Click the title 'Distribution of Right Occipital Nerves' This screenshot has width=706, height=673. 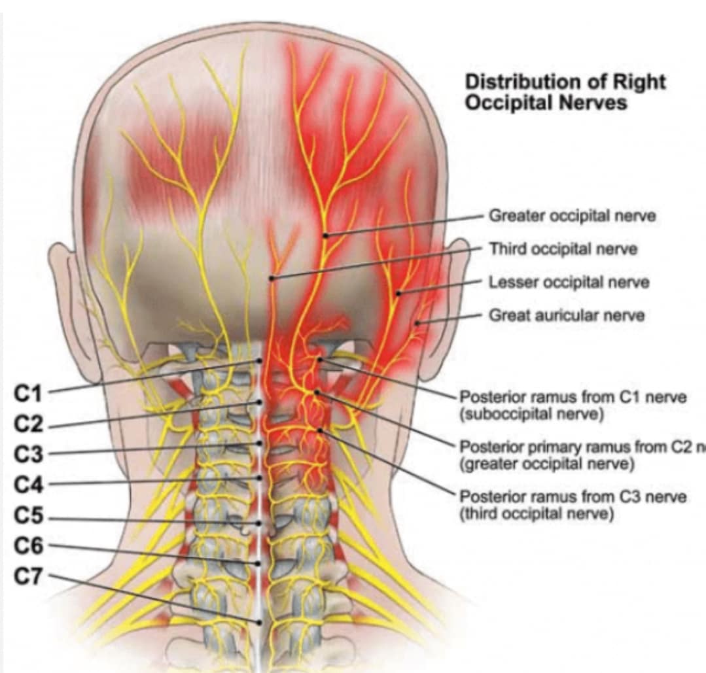point(565,92)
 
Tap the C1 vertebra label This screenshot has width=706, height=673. point(28,394)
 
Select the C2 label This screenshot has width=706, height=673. point(28,424)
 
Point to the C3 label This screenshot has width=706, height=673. point(28,455)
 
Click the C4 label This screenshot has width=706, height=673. point(28,485)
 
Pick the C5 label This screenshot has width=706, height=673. point(28,517)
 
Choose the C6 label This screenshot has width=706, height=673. point(28,547)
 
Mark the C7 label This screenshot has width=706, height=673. point(28,577)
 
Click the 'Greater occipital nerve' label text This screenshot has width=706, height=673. point(573,216)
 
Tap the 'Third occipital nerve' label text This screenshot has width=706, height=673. point(563,249)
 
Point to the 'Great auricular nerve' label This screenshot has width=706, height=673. point(567,315)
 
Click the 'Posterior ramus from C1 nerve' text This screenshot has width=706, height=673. point(573,397)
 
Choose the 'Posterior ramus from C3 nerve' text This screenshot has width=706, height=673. point(573,497)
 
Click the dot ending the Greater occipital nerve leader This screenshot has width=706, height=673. point(326,234)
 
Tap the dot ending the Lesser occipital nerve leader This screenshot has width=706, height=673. point(397,293)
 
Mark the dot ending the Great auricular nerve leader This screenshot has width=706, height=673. point(419,323)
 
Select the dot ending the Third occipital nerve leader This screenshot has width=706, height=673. point(271,279)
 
